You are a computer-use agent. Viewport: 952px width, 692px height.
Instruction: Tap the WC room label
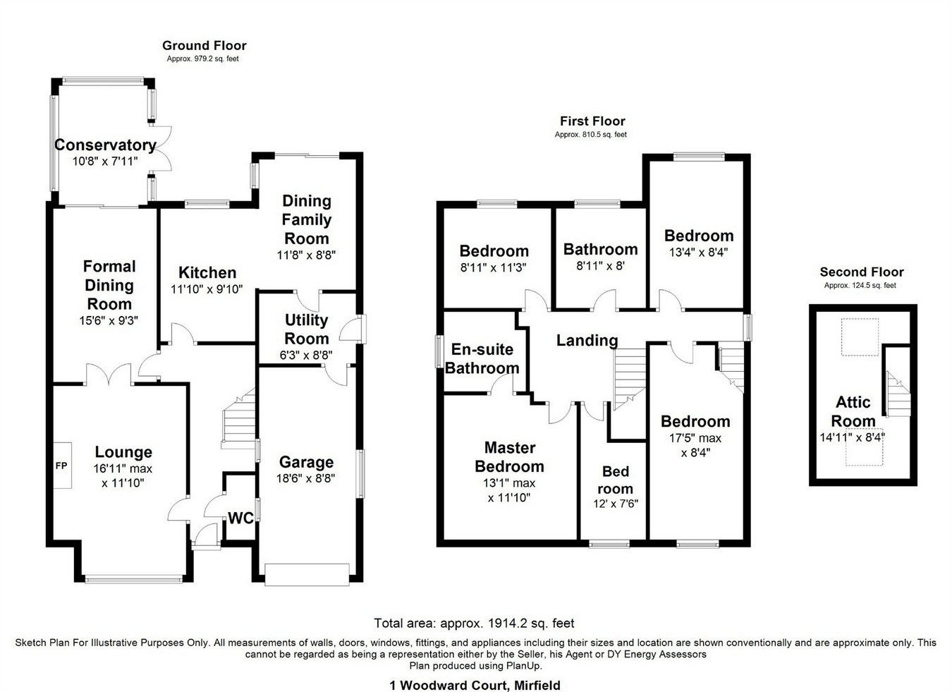point(240,518)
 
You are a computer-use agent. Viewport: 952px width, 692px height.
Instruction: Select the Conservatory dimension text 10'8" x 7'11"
point(105,161)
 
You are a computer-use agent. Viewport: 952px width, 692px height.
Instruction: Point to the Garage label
point(306,462)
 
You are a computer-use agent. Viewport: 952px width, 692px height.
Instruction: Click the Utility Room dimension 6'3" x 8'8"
point(306,355)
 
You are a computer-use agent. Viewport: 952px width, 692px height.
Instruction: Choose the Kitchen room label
point(207,273)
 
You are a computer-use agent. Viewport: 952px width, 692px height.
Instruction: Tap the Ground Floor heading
point(204,46)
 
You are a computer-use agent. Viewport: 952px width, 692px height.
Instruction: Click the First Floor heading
point(592,121)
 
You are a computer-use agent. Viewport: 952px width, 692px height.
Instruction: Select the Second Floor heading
point(861,272)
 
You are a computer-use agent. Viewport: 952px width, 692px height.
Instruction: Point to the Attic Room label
point(853,411)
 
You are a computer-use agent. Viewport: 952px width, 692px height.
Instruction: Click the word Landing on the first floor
point(587,341)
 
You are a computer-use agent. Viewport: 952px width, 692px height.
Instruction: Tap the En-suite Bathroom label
point(482,358)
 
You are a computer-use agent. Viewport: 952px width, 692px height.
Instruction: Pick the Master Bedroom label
point(509,457)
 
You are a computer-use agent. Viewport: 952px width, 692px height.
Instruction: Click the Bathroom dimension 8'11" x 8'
point(600,266)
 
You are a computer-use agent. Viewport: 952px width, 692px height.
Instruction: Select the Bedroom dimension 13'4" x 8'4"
point(698,251)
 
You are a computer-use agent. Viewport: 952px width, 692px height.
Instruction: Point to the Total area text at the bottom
point(474,624)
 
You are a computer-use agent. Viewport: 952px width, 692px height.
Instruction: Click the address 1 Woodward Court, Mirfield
point(475,685)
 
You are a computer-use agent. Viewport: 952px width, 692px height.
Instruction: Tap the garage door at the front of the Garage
point(307,574)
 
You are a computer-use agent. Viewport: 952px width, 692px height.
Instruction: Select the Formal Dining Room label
point(109,285)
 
